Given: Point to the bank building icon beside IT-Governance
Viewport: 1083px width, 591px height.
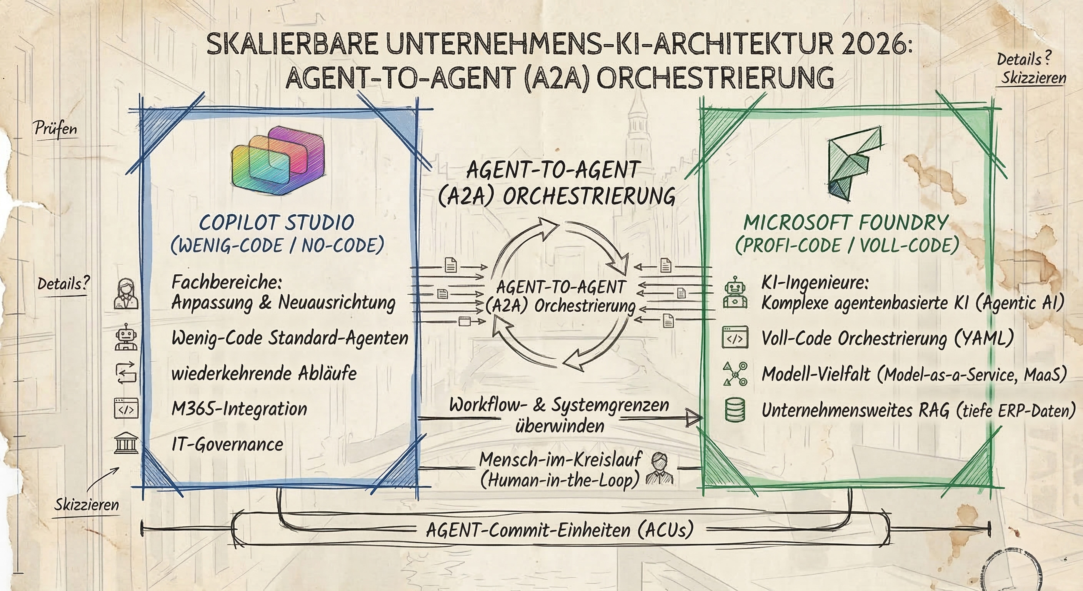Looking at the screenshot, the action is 126,444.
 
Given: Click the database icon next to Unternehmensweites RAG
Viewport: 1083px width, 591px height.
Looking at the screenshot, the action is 735,410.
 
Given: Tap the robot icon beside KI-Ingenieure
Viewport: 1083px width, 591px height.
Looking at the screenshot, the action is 735,293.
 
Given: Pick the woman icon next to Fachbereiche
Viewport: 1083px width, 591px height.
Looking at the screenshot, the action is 126,294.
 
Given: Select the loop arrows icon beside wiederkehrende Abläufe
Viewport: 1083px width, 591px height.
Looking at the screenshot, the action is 126,373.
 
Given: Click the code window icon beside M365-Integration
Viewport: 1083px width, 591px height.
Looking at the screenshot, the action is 126,409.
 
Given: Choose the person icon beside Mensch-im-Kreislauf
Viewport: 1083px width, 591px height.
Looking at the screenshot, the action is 659,468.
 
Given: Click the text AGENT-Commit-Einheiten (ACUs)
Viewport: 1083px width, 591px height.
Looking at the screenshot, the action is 560,530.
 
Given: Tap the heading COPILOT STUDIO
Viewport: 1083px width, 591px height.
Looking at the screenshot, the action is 277,222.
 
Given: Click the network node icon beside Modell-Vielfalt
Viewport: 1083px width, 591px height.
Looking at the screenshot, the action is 735,374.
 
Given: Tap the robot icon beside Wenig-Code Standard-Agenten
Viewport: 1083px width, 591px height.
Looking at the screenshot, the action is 126,337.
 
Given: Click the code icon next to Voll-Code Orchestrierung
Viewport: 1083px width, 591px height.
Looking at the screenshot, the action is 735,338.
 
